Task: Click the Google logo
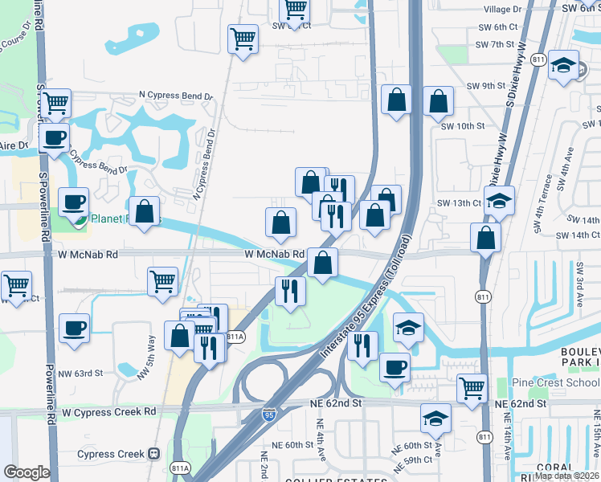[26, 472]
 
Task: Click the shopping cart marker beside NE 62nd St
[472, 388]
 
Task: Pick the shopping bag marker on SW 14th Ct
[485, 237]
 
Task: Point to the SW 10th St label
[463, 126]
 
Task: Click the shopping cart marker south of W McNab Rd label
[162, 281]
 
